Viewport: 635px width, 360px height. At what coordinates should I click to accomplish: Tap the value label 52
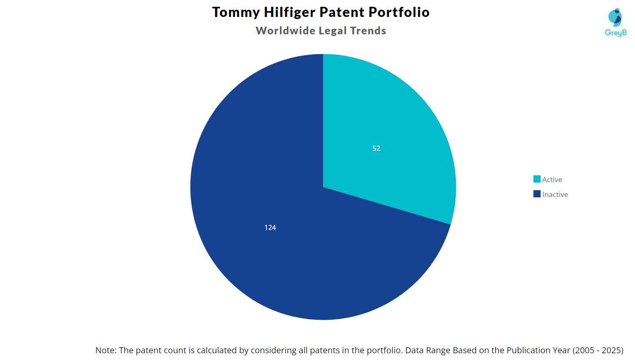tap(376, 148)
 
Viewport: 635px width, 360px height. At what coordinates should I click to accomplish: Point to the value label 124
tap(270, 227)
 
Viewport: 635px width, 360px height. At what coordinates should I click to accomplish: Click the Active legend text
tap(552, 180)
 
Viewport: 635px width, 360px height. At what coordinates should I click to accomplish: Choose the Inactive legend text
tap(555, 194)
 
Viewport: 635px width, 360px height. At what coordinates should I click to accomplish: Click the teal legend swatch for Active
tap(537, 179)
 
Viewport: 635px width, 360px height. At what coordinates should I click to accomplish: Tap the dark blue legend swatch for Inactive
tap(537, 194)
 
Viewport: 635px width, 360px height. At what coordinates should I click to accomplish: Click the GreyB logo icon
tap(615, 17)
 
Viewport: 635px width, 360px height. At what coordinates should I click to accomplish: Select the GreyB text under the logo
tap(616, 33)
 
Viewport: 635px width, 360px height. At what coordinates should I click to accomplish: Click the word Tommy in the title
tap(236, 12)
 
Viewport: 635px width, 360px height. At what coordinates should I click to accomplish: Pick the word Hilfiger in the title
tap(290, 12)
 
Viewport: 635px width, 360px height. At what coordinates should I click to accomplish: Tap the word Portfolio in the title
tap(399, 12)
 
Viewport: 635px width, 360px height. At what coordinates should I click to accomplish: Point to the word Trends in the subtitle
tap(368, 31)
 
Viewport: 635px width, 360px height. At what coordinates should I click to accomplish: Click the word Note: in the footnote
tap(106, 350)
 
